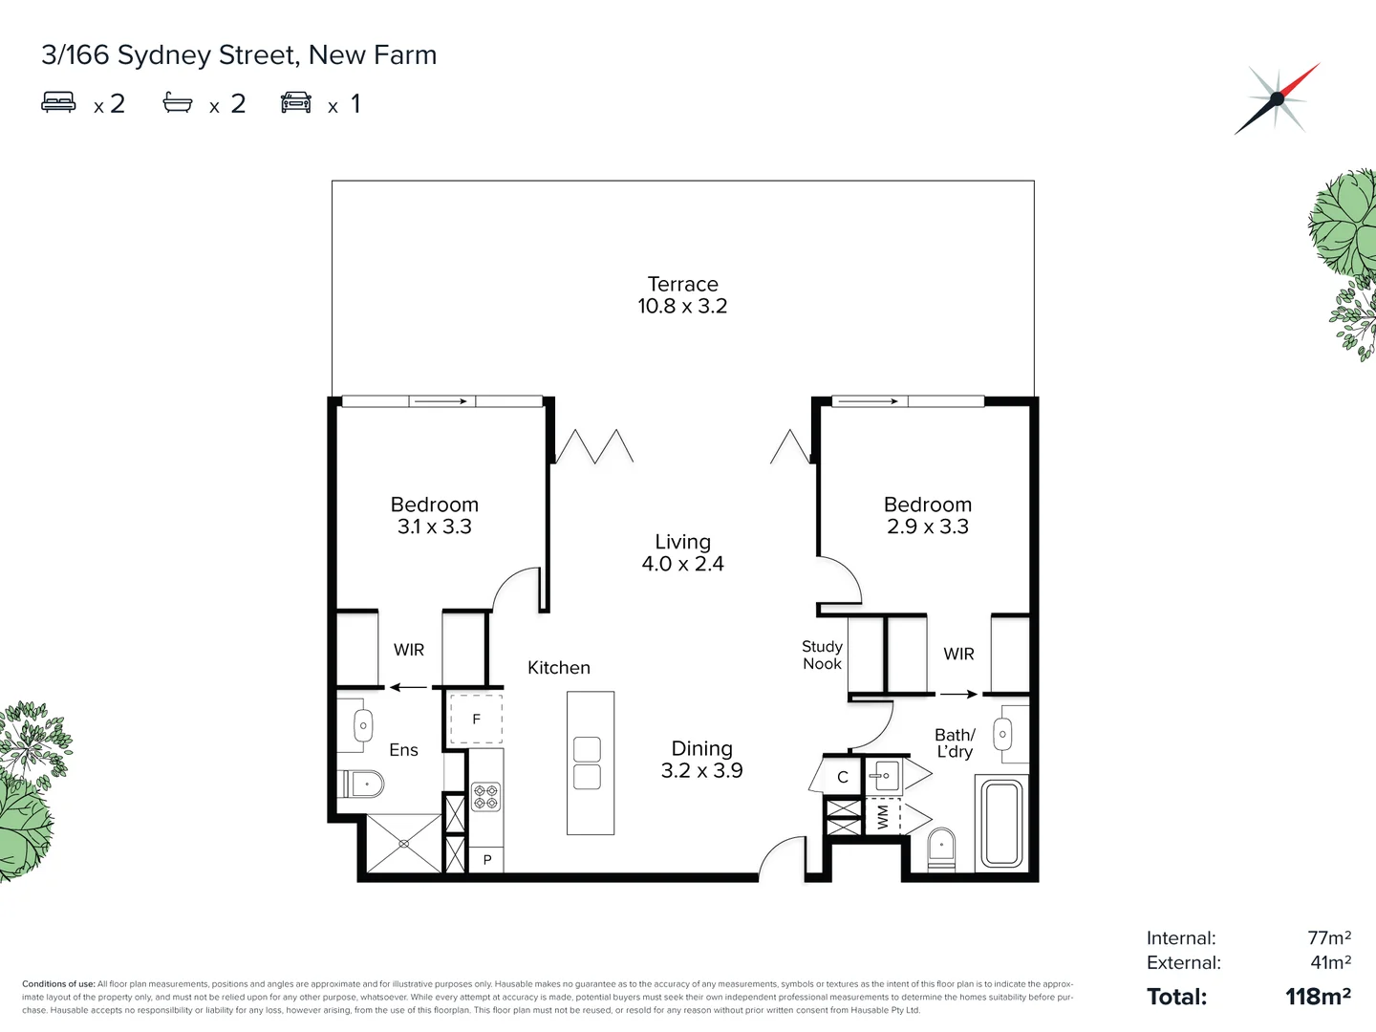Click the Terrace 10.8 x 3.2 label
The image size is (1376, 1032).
[682, 295]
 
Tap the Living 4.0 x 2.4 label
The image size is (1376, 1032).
[682, 553]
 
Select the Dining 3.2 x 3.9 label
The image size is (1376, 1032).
[701, 760]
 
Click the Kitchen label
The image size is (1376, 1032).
[559, 668]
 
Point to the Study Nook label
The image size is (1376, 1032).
[822, 656]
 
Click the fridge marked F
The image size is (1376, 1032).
[476, 720]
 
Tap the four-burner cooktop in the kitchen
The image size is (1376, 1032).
[485, 797]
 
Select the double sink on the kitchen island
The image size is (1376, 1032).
[587, 763]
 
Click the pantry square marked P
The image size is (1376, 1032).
[486, 860]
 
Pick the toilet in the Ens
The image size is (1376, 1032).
[363, 785]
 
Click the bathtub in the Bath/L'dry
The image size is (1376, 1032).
[1001, 823]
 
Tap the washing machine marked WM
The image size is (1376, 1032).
[883, 817]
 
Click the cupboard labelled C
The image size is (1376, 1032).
[842, 777]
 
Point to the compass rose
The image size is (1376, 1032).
[1277, 98]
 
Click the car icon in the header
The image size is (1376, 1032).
[296, 102]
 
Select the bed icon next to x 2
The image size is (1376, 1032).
[58, 102]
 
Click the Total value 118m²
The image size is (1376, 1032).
[1318, 997]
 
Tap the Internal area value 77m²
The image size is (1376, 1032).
[1328, 938]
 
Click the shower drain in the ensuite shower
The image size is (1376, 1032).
[404, 844]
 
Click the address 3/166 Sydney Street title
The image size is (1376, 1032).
[239, 55]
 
